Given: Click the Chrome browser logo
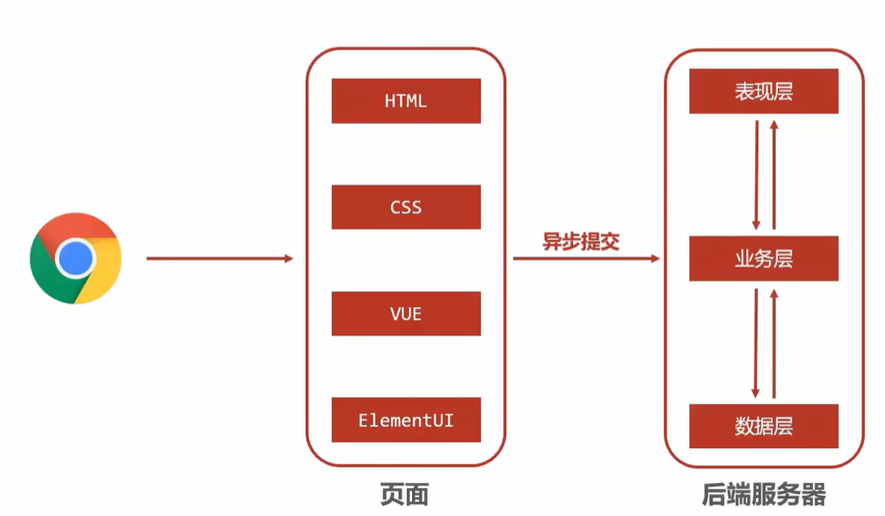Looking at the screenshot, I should (76, 258).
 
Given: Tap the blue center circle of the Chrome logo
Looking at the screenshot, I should (76, 258).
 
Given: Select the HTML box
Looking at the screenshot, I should (406, 101).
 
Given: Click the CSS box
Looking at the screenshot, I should (406, 207).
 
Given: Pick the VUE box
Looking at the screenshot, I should (406, 314).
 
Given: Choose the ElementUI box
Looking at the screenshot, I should (406, 419).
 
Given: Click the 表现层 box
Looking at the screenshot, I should (763, 91).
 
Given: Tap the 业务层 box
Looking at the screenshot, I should (763, 259).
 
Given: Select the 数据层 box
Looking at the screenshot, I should (763, 426).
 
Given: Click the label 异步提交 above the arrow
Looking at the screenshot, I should (582, 241).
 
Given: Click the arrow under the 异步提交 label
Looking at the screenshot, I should (586, 258).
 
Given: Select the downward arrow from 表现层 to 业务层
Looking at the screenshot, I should (755, 174).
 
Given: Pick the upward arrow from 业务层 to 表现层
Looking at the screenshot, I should (773, 174).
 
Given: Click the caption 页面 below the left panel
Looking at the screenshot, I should (404, 495).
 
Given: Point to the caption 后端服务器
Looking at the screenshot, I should (763, 495).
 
